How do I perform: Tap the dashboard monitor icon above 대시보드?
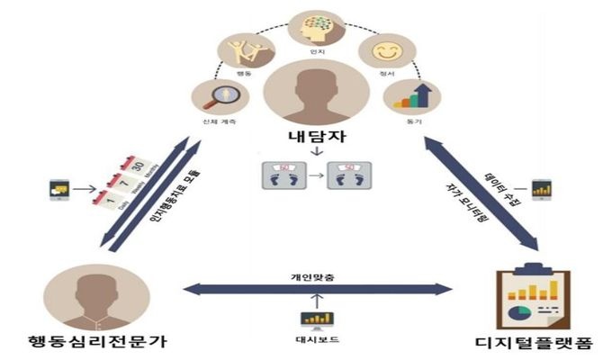tap(318, 319)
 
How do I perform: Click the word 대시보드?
tap(318, 343)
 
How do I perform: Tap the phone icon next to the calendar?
tap(60, 190)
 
